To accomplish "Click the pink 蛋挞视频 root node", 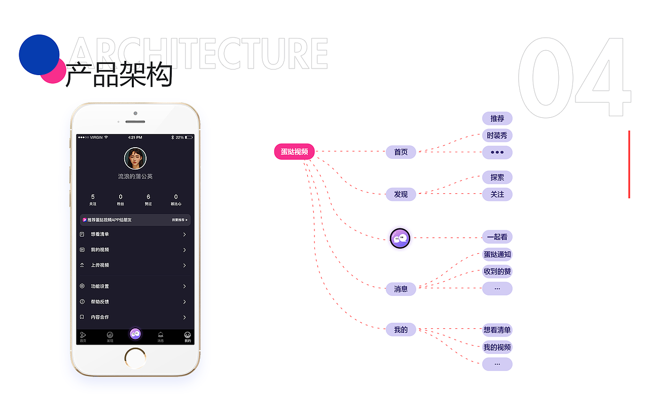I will tap(295, 152).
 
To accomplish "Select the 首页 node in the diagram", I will tap(401, 152).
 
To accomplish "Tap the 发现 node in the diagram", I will tap(401, 194).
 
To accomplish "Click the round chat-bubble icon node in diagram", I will tap(400, 238).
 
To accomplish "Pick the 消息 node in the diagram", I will tap(401, 289).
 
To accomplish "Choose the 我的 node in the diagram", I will tap(401, 330).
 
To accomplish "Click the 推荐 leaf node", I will tap(497, 119).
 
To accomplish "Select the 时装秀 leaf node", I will tap(497, 136).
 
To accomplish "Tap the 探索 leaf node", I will tap(497, 178).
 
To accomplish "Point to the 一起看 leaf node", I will tap(497, 237).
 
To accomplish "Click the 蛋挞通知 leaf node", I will tap(497, 254).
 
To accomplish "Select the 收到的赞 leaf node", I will tap(497, 272).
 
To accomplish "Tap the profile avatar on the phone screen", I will tap(135, 158).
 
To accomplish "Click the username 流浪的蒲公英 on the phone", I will tap(135, 177).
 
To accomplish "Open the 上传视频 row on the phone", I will tap(135, 265).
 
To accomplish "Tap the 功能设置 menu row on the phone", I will tap(135, 286).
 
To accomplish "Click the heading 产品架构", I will tap(119, 75).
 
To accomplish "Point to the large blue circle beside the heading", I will tap(39, 54).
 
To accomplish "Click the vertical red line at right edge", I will tap(629, 164).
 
